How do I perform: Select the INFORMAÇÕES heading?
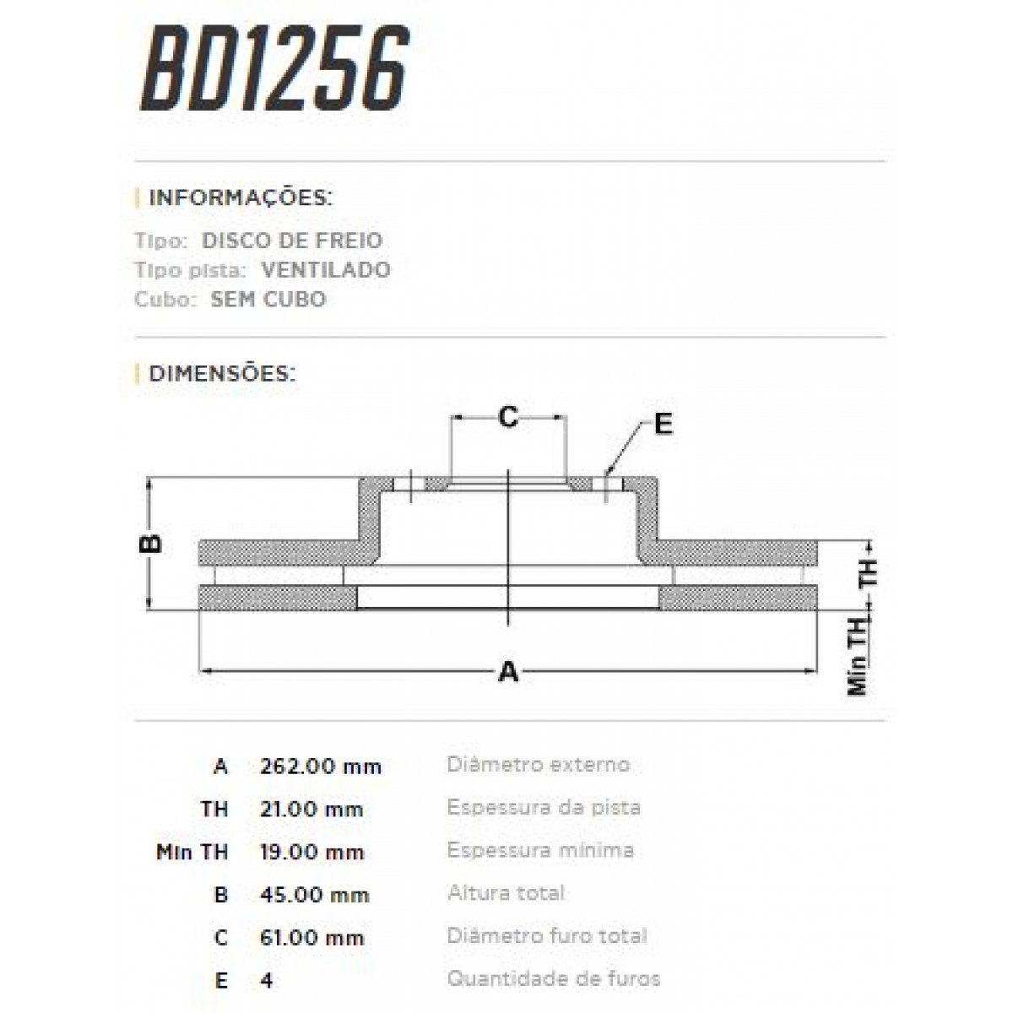pos(241,198)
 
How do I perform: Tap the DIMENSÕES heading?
pos(222,373)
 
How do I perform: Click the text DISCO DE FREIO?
pos(292,241)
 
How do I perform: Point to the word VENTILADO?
pos(326,270)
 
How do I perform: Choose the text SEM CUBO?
pos(268,300)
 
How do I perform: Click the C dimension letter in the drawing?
pos(507,416)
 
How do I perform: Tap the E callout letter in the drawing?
pos(664,424)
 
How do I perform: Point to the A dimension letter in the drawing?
pos(507,673)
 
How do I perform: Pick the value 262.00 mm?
pos(321,767)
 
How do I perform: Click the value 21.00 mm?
pos(311,810)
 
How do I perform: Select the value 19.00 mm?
pos(311,853)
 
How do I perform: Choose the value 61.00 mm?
pos(311,938)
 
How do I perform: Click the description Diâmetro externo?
pos(538,765)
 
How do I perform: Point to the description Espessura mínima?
pos(540,850)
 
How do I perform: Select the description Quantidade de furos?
pos(554,979)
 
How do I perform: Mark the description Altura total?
pos(506,893)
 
